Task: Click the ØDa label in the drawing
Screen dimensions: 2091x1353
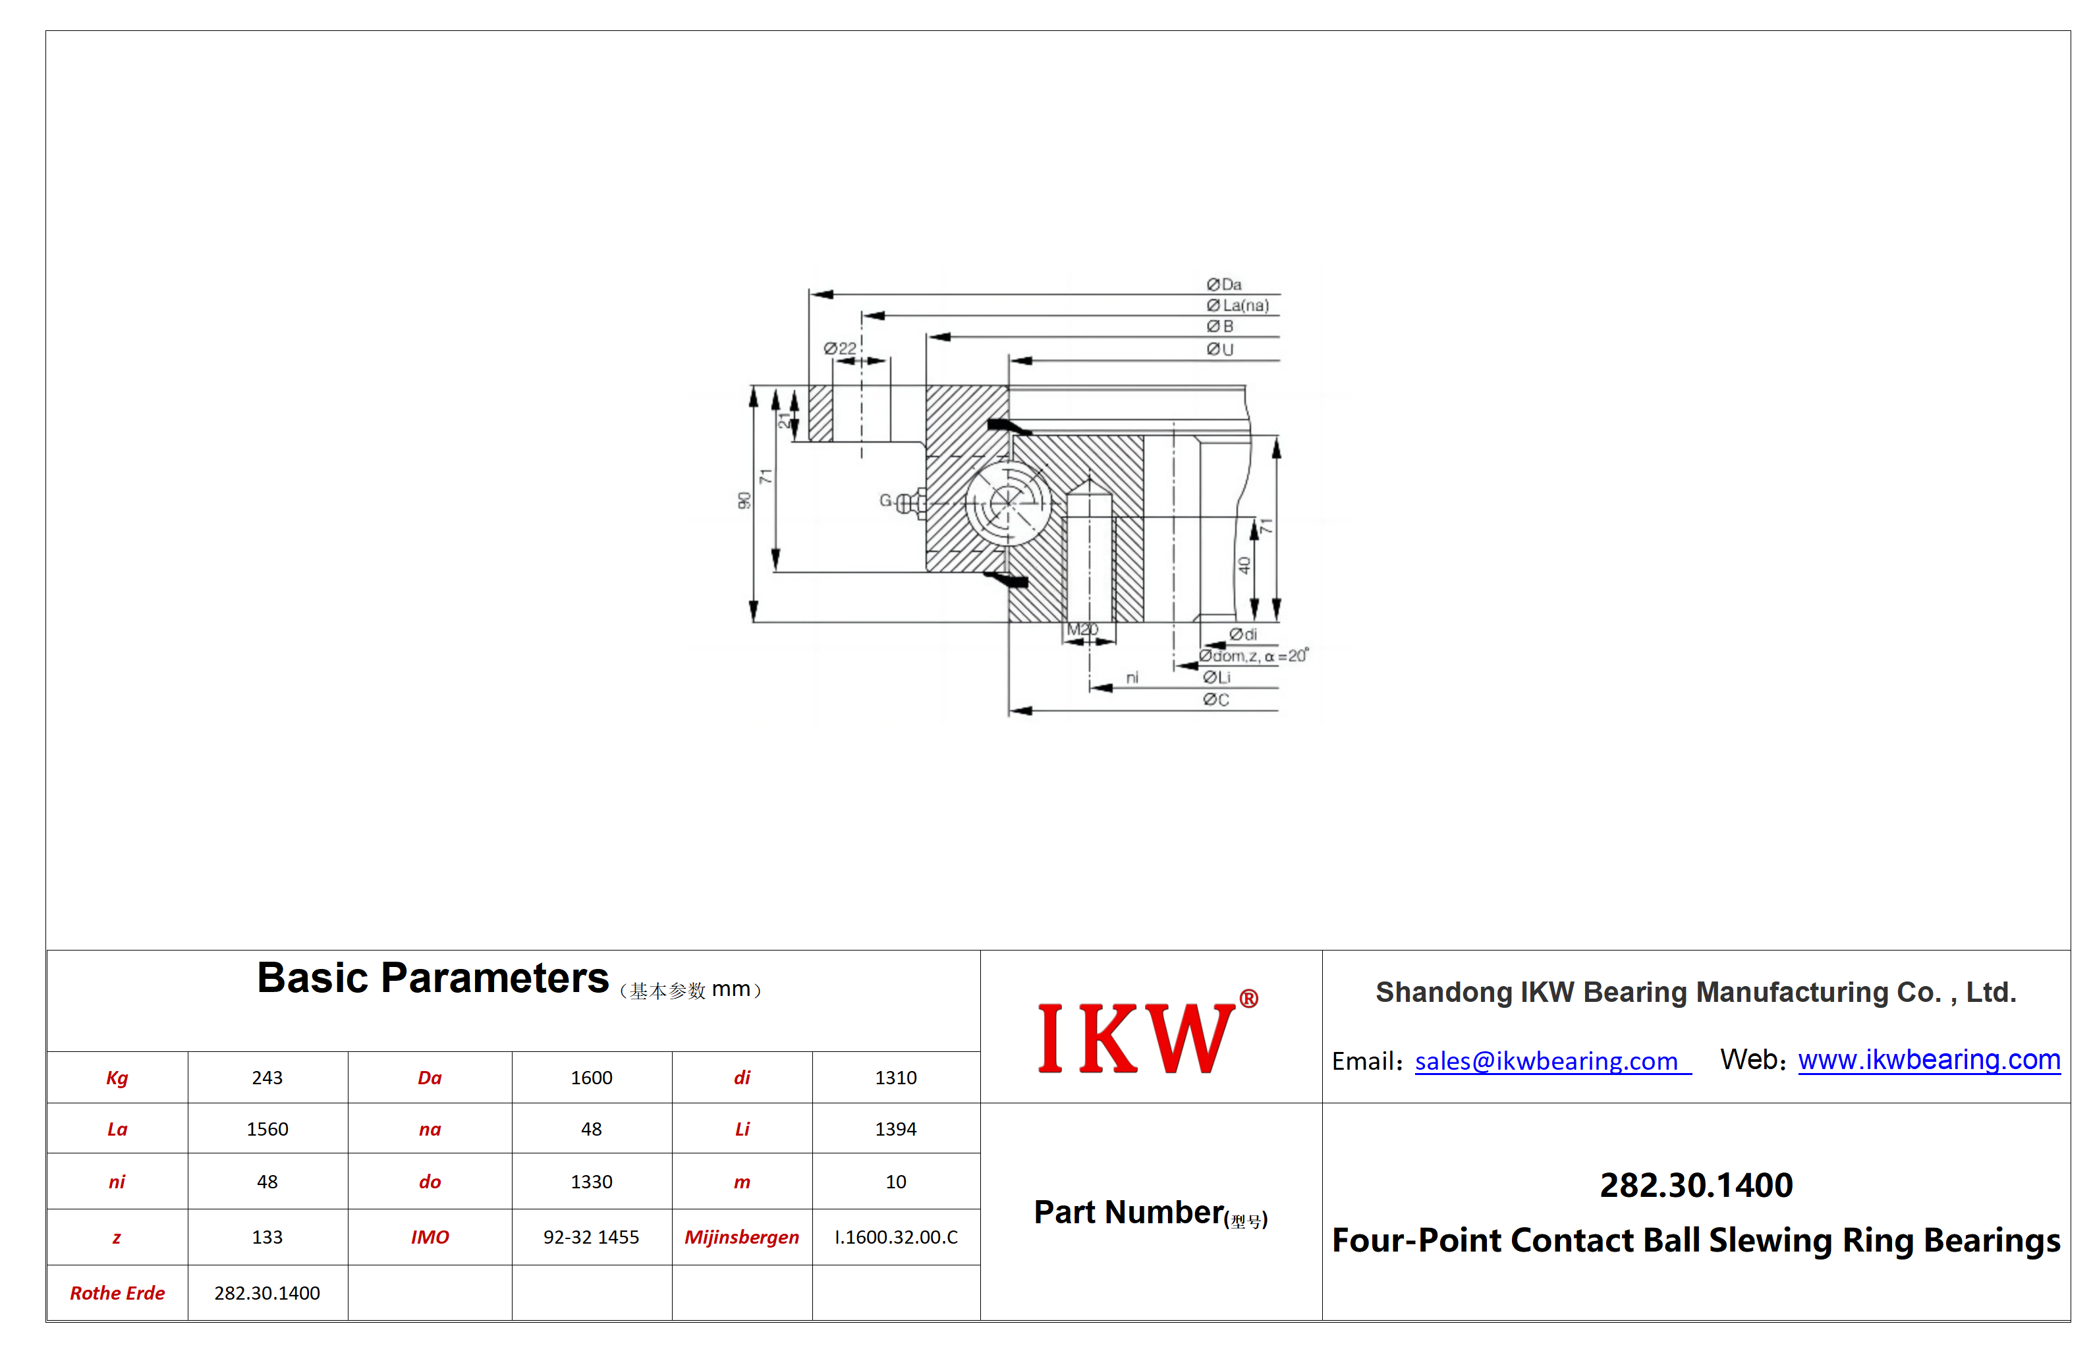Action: click(1224, 285)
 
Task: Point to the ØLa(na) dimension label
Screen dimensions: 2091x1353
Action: click(1238, 306)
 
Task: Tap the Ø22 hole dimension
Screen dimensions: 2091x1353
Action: click(840, 349)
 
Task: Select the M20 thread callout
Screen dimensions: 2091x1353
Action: click(1082, 630)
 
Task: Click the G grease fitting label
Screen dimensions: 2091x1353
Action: click(885, 501)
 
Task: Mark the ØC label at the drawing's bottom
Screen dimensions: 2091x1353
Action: click(1216, 700)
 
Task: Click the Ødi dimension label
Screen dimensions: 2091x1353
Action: click(1243, 634)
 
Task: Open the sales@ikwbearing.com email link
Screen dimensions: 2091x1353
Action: click(1552, 1061)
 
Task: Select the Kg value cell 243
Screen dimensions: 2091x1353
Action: click(267, 1078)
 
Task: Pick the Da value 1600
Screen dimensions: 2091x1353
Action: click(592, 1078)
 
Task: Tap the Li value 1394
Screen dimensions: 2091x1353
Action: click(895, 1130)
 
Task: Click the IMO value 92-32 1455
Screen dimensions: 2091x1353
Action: click(592, 1238)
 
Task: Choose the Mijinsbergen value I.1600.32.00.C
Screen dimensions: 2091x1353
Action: click(896, 1238)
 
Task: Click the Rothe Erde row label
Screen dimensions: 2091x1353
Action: click(118, 1293)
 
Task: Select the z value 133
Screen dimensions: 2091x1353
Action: click(267, 1238)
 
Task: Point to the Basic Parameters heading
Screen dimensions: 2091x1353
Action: click(432, 978)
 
